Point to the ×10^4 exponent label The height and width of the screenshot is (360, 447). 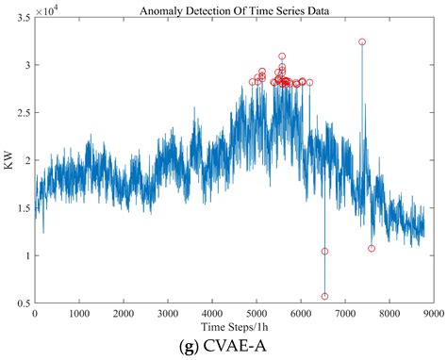click(51, 9)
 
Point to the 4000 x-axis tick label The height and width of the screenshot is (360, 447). click(212, 313)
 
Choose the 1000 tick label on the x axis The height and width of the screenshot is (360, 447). click(79, 313)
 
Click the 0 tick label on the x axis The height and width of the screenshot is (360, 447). click(35, 313)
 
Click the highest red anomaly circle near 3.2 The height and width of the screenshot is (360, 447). click(362, 42)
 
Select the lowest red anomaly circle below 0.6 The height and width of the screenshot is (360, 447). click(324, 296)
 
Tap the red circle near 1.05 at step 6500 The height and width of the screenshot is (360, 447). click(324, 252)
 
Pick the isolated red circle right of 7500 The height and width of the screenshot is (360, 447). click(372, 249)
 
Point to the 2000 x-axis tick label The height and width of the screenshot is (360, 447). click(124, 313)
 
